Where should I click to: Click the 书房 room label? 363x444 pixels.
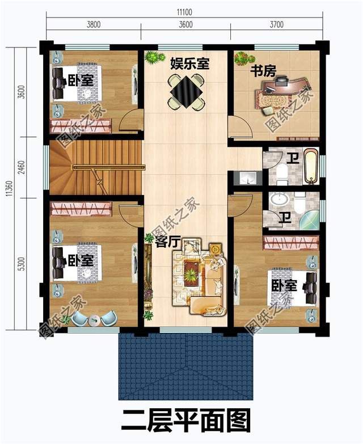(263, 71)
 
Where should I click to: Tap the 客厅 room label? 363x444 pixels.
(167, 241)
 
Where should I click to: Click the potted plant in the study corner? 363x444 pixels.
(242, 58)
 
